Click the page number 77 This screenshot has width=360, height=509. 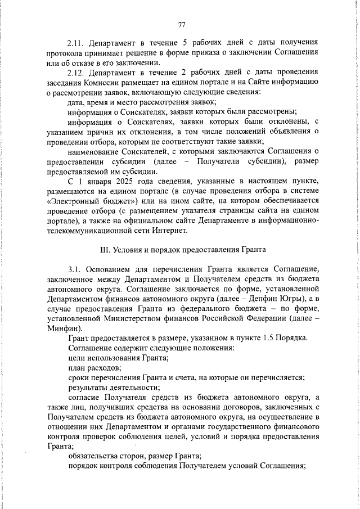coord(182,24)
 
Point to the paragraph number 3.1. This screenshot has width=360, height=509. coord(74,268)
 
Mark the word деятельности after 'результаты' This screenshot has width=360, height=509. coord(133,388)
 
